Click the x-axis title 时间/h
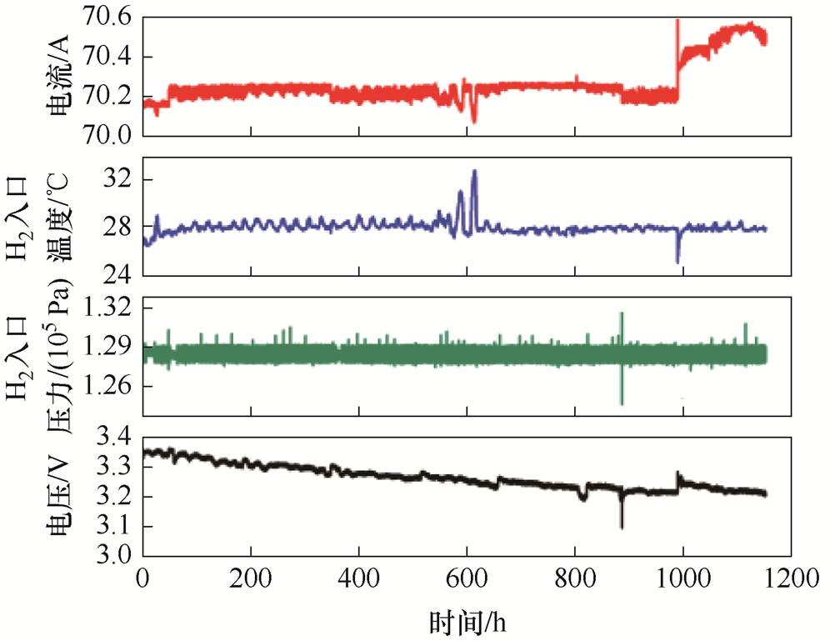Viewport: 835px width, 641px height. tap(467, 621)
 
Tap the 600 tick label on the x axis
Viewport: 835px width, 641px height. tap(467, 576)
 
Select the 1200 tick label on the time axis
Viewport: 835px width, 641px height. tap(791, 576)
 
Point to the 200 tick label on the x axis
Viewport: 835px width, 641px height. tap(251, 576)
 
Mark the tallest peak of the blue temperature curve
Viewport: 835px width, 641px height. tap(474, 171)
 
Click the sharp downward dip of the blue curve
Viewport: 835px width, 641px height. tap(677, 262)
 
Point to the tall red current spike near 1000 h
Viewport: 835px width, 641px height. tap(677, 21)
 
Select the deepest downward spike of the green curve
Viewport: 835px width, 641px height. tap(622, 403)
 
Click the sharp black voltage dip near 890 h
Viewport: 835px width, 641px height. tap(622, 526)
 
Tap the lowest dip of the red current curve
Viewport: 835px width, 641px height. tap(474, 122)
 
